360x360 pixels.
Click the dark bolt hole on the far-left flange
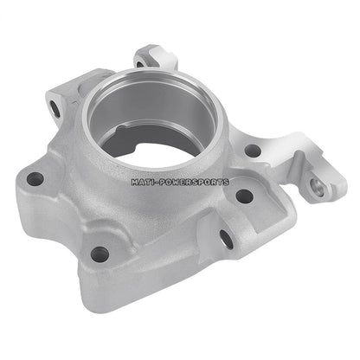coord(35,179)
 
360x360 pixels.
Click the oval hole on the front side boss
coord(227,236)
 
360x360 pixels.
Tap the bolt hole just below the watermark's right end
coord(243,196)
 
